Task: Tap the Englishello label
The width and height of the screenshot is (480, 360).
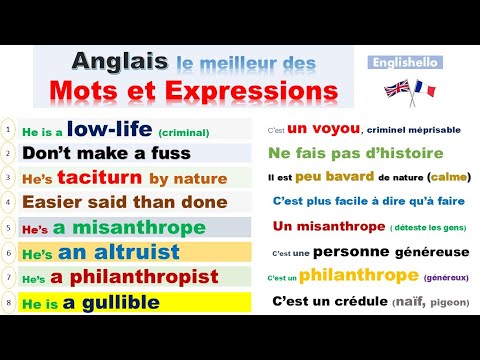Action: [404, 61]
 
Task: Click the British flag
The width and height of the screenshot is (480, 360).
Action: [396, 89]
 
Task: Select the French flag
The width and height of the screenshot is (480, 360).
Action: [424, 90]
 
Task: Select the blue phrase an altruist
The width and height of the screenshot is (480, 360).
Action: [119, 251]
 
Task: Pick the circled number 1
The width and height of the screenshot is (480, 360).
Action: [8, 130]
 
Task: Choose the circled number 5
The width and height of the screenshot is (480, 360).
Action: [8, 226]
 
